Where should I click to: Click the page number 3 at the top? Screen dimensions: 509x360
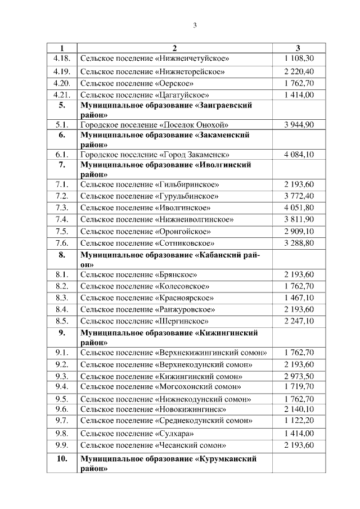(x=194, y=25)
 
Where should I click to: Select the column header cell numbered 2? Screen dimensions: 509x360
(x=174, y=48)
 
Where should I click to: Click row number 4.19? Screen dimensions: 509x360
(x=61, y=71)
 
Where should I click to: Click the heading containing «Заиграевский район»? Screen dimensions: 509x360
(x=166, y=110)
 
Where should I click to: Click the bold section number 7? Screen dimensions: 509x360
(x=61, y=165)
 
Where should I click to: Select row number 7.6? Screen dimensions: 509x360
(x=61, y=243)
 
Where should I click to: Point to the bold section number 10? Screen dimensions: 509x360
(x=61, y=459)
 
